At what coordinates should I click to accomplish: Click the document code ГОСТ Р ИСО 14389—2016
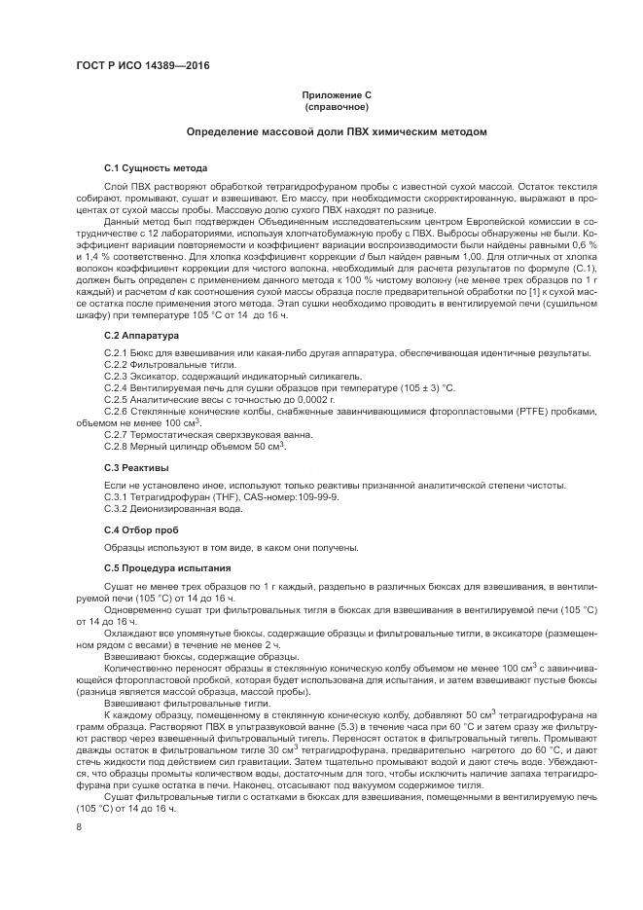142,66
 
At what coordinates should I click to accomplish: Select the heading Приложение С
334,94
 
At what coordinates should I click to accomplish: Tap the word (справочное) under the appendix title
334,106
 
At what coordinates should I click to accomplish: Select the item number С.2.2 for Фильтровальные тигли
116,362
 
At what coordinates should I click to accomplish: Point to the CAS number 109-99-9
312,496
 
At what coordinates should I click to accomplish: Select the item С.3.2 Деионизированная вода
172,508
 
